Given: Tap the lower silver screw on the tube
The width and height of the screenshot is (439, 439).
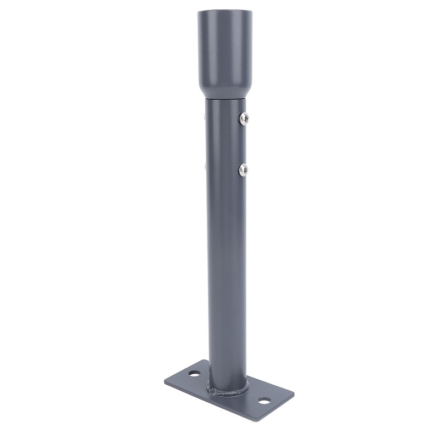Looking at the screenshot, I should (x=243, y=170).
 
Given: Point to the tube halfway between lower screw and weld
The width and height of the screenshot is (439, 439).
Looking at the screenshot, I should (x=226, y=280).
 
